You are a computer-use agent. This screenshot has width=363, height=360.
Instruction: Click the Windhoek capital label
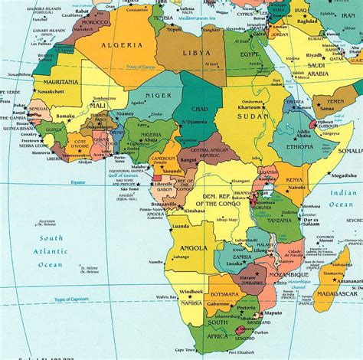191,292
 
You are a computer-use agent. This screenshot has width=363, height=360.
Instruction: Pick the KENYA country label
296,182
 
